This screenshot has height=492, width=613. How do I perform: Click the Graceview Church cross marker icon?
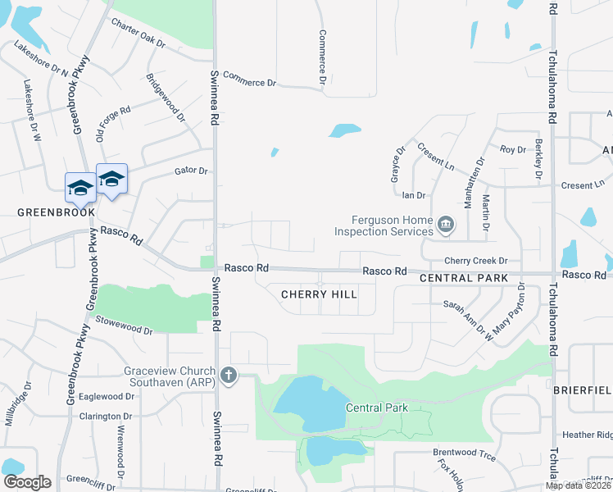tap(228, 376)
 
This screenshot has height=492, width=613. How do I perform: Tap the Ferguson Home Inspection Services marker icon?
tap(446, 224)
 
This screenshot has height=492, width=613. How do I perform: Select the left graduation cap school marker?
tap(80, 188)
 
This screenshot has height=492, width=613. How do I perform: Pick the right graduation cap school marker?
tap(111, 179)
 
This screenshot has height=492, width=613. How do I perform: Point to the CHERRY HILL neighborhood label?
tap(319, 294)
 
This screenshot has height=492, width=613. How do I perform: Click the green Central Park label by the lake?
tap(376, 408)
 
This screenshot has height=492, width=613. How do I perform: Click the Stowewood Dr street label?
tap(125, 326)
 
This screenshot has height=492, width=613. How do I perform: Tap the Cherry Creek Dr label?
tap(476, 260)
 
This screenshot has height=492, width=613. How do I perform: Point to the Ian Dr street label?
tap(414, 195)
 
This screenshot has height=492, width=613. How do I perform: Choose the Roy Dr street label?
tap(512, 149)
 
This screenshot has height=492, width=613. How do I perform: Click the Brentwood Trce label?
tap(465, 452)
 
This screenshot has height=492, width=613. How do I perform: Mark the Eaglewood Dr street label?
tap(108, 395)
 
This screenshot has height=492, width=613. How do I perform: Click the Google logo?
tap(27, 482)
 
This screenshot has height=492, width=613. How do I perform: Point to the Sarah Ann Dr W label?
tap(465, 318)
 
